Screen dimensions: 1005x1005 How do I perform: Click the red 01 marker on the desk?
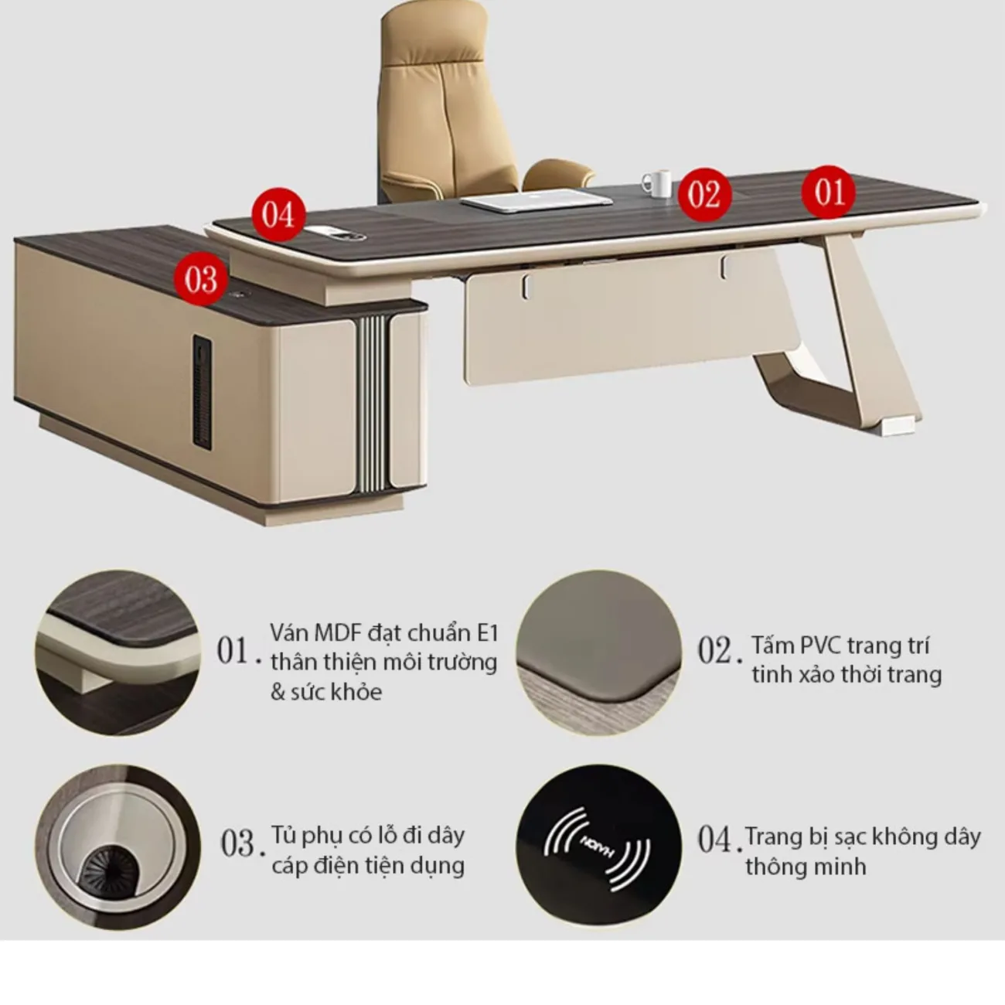click(x=828, y=191)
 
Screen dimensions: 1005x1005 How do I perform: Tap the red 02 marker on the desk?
click(x=704, y=195)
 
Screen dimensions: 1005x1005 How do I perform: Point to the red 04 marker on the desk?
click(x=278, y=214)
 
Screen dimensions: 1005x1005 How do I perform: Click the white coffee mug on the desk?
click(x=658, y=183)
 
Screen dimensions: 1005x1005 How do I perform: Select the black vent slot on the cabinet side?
click(x=202, y=391)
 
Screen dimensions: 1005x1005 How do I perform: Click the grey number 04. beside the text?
click(x=716, y=840)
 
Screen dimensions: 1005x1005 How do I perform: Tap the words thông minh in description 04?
click(x=806, y=867)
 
